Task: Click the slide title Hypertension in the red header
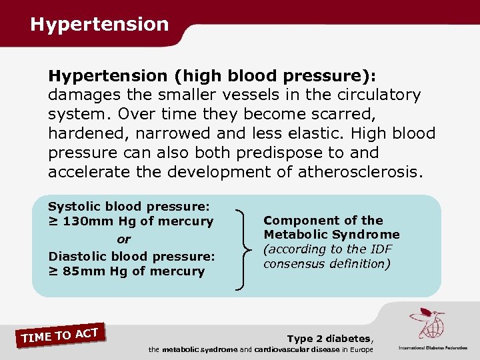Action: click(x=99, y=25)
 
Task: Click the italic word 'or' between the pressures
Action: click(x=124, y=239)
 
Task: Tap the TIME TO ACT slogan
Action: click(x=60, y=335)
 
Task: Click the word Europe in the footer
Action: click(x=358, y=349)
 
